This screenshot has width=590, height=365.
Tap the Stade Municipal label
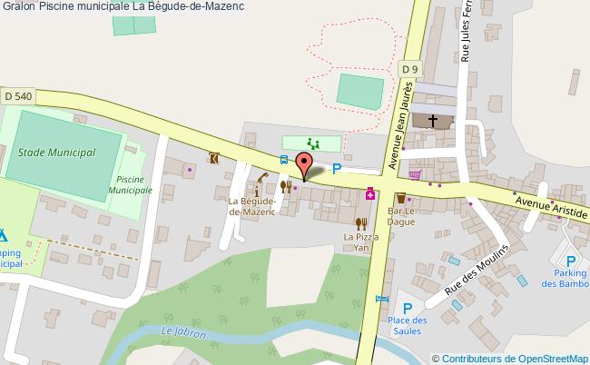[57, 153]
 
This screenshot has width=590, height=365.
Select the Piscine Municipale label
[130, 186]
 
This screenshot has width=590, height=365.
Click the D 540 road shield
[18, 95]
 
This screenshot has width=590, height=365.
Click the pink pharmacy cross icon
[370, 193]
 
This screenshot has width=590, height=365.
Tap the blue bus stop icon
[284, 161]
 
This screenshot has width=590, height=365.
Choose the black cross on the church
[433, 120]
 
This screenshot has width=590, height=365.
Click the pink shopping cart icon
[415, 175]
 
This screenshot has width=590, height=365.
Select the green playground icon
[313, 143]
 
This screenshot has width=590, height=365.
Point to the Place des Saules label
[407, 325]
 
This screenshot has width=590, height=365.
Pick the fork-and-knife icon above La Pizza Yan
[360, 222]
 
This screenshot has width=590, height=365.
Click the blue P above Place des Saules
[408, 309]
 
